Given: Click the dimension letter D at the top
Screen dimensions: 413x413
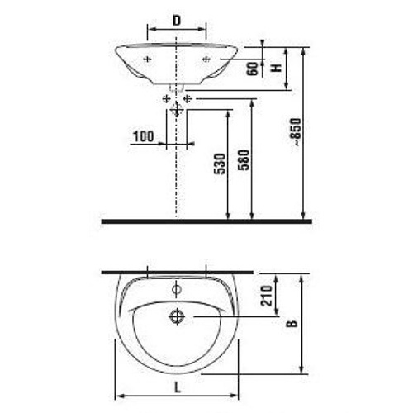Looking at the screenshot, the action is [177, 21].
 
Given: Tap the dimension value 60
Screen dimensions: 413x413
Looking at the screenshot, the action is [253, 69].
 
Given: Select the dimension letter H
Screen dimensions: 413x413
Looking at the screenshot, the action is [277, 68].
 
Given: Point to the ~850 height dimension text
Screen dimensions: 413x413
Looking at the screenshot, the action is [297, 131].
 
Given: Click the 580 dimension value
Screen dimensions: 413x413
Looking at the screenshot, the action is [244, 160].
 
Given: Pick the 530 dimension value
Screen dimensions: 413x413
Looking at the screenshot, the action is [220, 164].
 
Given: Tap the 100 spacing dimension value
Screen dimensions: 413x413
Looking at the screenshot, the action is [143, 136].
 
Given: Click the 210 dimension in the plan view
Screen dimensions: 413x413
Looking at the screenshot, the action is [267, 296].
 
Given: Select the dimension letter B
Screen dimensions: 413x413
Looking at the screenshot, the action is [292, 324].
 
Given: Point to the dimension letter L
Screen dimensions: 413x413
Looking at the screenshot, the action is [178, 388].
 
